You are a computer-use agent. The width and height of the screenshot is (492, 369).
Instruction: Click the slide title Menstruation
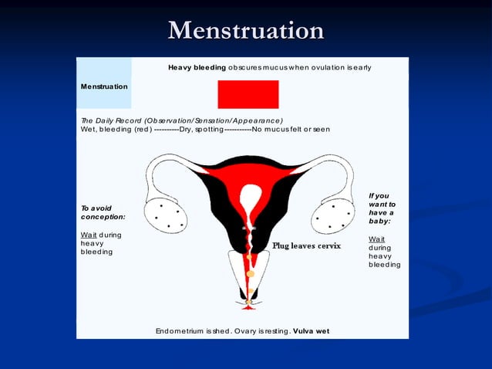[x=246, y=31]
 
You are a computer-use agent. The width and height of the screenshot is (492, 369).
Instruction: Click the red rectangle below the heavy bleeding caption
[x=248, y=94]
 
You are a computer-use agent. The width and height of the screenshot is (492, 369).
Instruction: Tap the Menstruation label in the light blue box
[x=104, y=86]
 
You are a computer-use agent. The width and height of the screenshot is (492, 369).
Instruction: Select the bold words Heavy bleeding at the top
[x=197, y=68]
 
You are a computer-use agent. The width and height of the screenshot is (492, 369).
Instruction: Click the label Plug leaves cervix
[x=306, y=245]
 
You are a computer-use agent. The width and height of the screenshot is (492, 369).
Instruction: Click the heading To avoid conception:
[x=103, y=212]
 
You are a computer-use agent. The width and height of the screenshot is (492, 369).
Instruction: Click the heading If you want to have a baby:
[x=382, y=208]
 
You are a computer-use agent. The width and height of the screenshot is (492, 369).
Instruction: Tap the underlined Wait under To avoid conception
[x=90, y=234]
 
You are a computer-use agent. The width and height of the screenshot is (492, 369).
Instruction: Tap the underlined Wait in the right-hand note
[x=377, y=239]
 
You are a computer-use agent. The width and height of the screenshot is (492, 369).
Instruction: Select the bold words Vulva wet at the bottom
[x=311, y=331]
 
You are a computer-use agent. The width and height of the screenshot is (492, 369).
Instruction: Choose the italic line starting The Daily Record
[x=181, y=120]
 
